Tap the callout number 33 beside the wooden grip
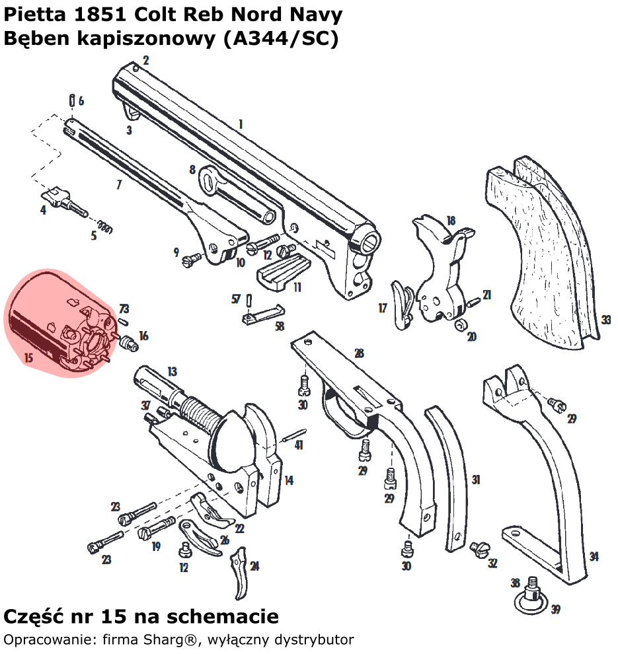tap(605, 320)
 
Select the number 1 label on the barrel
tap(241, 124)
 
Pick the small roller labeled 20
tap(461, 325)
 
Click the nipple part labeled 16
tap(128, 342)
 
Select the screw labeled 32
tap(478, 548)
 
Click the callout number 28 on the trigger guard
tap(359, 353)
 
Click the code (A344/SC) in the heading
tap(281, 38)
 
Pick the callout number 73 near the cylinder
tap(124, 309)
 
